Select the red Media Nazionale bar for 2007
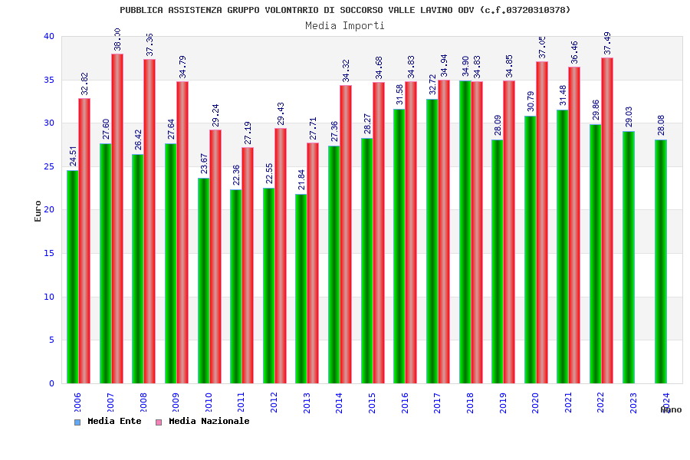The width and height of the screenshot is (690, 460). coord(117,219)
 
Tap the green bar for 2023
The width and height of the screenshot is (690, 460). coord(629,257)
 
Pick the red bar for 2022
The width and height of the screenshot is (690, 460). coord(607,221)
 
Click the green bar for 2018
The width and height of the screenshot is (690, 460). coord(465,232)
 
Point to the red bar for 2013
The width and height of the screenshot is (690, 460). coord(313,263)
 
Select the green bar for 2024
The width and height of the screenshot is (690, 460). coord(661,261)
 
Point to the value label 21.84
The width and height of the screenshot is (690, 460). coord(302,179)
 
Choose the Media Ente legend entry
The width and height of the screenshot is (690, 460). coord(109,422)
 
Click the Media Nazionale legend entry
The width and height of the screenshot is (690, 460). coord(203,422)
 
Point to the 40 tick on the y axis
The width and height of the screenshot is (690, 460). coord(49,37)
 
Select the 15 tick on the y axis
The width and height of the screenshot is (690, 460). coord(49,254)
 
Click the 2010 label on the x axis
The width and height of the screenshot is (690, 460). coord(209,402)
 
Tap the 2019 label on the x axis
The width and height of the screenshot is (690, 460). coord(503,402)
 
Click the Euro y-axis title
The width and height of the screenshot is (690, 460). coord(38,211)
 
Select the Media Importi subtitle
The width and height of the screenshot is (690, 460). coord(345,25)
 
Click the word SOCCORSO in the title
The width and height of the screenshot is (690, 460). coord(379,10)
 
